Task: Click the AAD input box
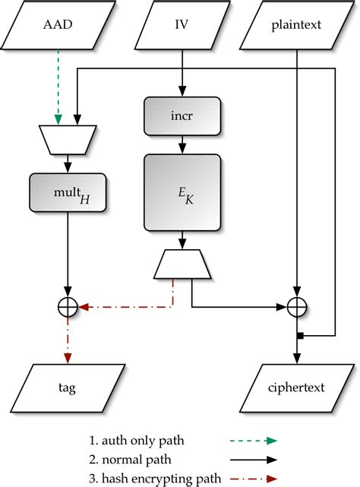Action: [58, 24]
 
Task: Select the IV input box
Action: [182, 24]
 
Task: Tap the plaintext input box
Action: [295, 24]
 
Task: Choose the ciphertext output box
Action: [295, 387]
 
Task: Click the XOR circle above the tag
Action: [69, 308]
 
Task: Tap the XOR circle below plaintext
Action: [295, 308]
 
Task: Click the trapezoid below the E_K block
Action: [182, 263]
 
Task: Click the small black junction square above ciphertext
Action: [300, 335]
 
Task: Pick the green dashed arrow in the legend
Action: [250, 439]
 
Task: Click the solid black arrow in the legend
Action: [250, 459]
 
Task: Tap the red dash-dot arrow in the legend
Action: [250, 478]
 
